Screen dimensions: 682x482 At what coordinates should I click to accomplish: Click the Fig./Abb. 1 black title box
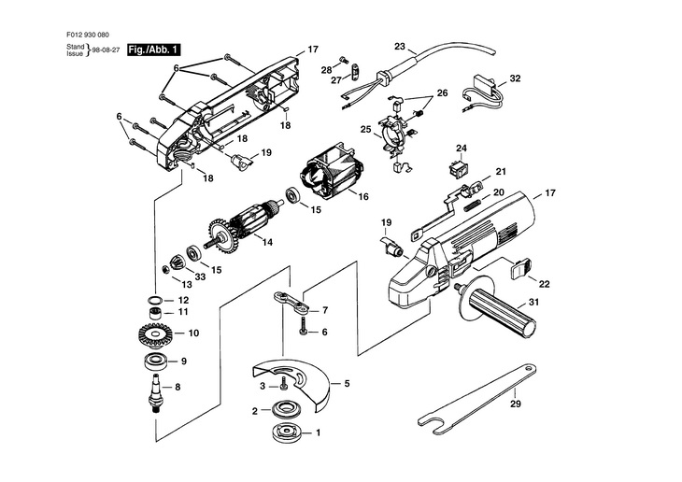pos(153,50)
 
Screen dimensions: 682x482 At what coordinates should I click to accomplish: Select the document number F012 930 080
pos(88,35)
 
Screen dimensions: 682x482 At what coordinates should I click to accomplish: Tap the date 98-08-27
pos(107,50)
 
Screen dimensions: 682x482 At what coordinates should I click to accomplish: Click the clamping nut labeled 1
pos(285,432)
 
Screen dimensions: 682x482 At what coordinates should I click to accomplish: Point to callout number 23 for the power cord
pos(400,46)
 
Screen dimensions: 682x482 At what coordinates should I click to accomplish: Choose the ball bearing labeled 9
pos(155,361)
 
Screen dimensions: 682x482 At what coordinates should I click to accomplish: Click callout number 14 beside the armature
pos(267,242)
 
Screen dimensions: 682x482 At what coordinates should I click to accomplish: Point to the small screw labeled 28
pos(341,60)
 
